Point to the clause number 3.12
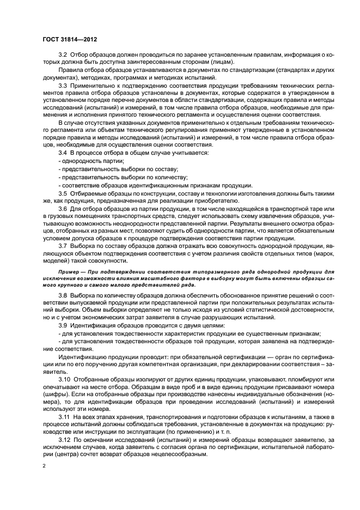[64, 439]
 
